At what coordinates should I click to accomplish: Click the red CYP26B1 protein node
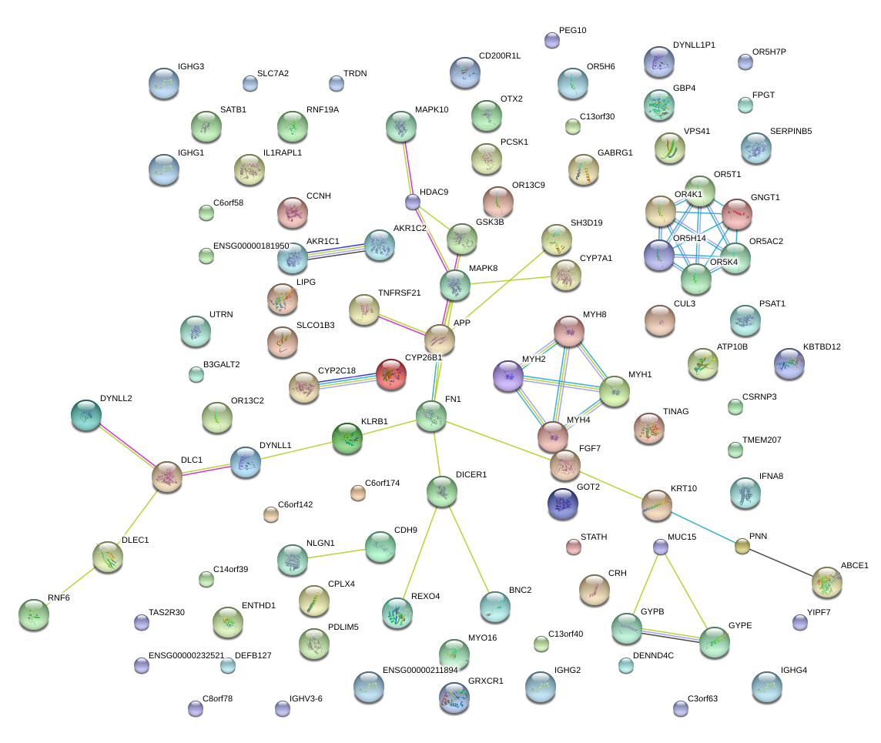point(390,374)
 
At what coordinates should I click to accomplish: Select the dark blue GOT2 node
point(562,504)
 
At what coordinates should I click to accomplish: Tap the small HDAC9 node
point(413,202)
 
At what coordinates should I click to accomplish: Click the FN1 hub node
point(431,416)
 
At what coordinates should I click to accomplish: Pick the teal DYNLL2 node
point(86,415)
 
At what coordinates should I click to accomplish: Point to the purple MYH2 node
point(508,376)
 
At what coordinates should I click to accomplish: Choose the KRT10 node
point(656,505)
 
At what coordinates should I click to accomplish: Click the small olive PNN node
point(742,546)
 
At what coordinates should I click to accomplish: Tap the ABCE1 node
point(826,582)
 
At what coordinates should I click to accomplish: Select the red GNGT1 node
point(736,214)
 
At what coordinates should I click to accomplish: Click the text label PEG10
point(572,30)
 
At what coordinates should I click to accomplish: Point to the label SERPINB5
point(791,131)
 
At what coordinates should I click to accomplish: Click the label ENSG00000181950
point(251,246)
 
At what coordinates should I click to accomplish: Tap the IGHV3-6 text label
point(306,698)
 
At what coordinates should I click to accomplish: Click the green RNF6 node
point(34,614)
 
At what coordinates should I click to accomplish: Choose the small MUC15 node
point(661,547)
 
